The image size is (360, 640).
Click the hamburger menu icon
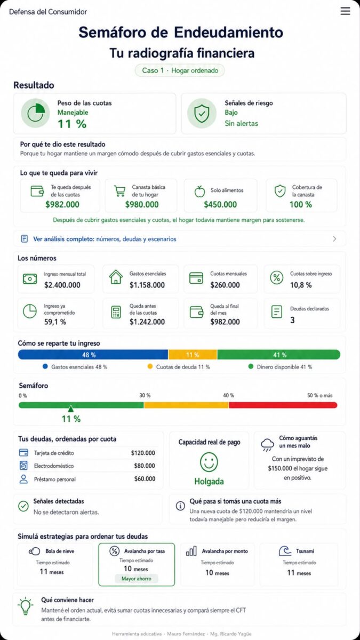[x=345, y=11]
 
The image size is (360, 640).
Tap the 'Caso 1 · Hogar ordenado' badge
[x=180, y=70]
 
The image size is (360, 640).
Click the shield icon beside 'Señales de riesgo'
[x=202, y=113]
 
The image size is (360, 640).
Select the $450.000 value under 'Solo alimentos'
[x=220, y=205]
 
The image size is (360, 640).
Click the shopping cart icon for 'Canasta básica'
[x=119, y=191]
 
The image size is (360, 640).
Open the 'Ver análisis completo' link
[x=105, y=239]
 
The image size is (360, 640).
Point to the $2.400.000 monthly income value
[x=62, y=285]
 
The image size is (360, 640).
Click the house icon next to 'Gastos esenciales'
[x=116, y=277]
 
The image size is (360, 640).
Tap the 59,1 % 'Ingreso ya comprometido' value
[x=55, y=322]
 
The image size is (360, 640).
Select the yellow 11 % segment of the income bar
[x=193, y=355]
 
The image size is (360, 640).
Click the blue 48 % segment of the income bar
[x=93, y=355]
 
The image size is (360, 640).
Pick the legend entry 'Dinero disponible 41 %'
[x=281, y=367]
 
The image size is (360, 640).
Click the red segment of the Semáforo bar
[x=283, y=405]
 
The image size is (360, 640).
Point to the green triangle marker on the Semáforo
[x=70, y=409]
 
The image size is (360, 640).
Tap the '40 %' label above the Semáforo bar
[x=228, y=395]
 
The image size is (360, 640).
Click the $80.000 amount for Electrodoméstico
[x=145, y=466]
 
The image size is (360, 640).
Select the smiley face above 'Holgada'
[x=209, y=462]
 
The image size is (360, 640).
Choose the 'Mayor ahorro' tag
[x=137, y=579]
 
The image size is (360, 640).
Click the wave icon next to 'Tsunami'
[x=285, y=551]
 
